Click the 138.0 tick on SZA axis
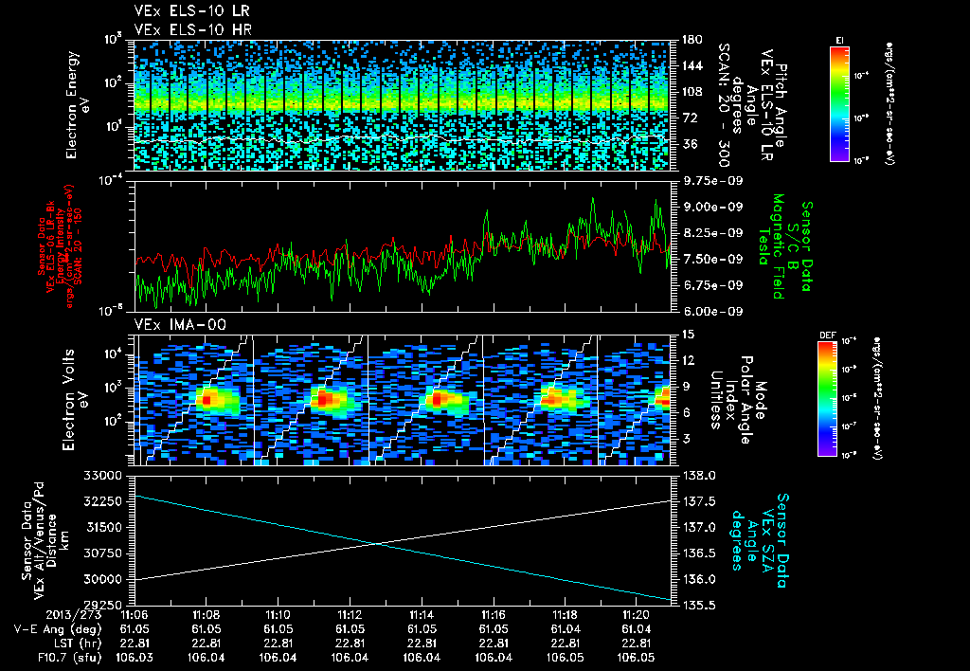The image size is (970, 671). [x=695, y=474]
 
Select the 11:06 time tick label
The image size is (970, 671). [x=135, y=614]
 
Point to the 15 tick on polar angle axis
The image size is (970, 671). [x=685, y=335]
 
